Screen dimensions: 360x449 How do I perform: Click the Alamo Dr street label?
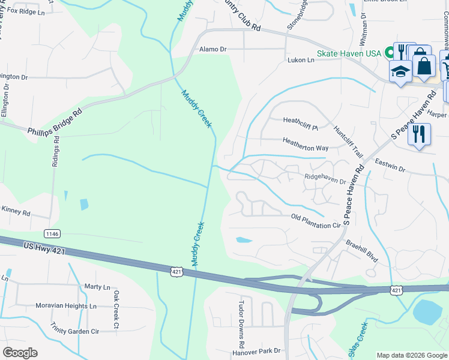(x=213, y=49)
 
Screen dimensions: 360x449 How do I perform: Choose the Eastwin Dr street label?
(x=390, y=166)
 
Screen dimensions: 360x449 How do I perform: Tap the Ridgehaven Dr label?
(x=325, y=178)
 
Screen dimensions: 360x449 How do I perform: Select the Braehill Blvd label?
(x=362, y=251)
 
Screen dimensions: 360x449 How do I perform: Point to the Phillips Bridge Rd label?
(x=54, y=121)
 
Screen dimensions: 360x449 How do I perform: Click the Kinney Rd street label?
(x=16, y=212)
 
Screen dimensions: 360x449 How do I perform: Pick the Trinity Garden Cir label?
(x=74, y=331)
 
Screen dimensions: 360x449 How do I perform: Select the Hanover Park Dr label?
(x=258, y=350)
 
